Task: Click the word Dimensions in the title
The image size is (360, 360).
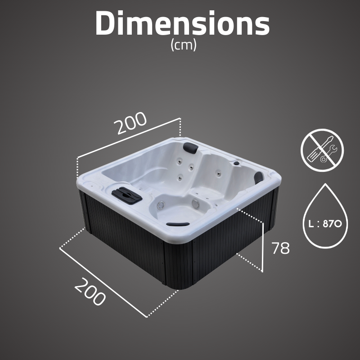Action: coord(183,23)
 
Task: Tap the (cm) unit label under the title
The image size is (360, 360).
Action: coord(184,45)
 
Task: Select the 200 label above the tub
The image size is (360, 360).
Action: coord(130,123)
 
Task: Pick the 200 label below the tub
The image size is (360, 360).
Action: coord(90,292)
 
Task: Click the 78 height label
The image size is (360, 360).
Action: coord(280,248)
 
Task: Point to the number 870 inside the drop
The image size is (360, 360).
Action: coord(333,223)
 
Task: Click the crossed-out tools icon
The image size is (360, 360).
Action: coord(322,150)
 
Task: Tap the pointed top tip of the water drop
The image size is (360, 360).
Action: coord(325,184)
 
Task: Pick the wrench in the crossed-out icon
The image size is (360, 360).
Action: coord(328,154)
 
